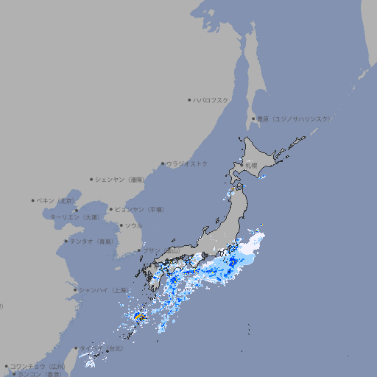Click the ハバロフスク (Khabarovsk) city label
pyautogui.click(x=211, y=100)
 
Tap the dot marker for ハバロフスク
pyautogui.click(x=189, y=100)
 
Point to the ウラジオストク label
pyautogui.click(x=187, y=163)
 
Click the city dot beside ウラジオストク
pyautogui.click(x=163, y=163)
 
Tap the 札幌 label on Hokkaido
pyautogui.click(x=251, y=166)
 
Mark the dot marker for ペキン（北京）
pyautogui.click(x=33, y=200)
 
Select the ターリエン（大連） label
pyautogui.click(x=74, y=217)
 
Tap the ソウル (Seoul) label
pyautogui.click(x=133, y=225)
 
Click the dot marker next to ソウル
pyautogui.click(x=121, y=225)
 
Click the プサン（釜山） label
pyautogui.click(x=161, y=251)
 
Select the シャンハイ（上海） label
pyautogui.click(x=102, y=290)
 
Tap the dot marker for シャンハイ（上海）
pyautogui.click(x=75, y=290)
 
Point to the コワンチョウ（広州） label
pyautogui.click(x=38, y=366)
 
